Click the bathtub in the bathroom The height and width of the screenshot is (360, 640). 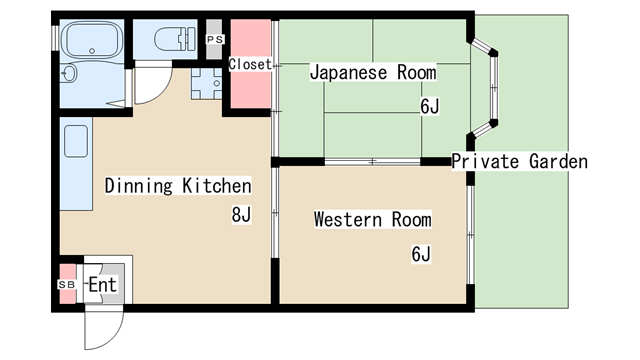click(91, 41)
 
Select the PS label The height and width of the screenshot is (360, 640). click(214, 39)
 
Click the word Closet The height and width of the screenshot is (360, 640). click(249, 64)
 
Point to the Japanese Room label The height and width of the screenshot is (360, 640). click(372, 73)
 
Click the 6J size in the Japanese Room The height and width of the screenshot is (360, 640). click(428, 107)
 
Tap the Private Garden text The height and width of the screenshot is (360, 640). click(519, 161)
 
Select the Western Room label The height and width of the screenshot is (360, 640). click(372, 219)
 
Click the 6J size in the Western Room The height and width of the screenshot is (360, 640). click(420, 254)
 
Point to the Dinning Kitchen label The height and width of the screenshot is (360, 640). click(177, 186)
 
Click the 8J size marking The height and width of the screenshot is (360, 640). click(242, 214)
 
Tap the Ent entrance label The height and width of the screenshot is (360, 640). click(102, 285)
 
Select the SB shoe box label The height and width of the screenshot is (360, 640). click(67, 285)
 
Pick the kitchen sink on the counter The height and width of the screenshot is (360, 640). click(77, 142)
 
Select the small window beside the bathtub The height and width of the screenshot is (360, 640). click(56, 38)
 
